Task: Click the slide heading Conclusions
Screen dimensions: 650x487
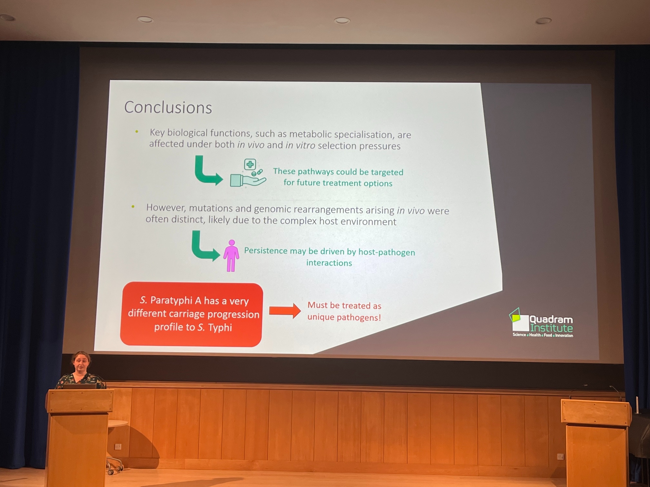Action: pos(168,107)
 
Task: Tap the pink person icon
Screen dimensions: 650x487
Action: pos(231,256)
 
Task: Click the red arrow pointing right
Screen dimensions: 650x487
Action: pos(285,311)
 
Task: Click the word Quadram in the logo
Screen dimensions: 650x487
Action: pos(551,320)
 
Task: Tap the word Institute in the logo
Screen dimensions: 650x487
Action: pos(552,328)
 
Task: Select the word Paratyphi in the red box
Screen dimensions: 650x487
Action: pos(171,300)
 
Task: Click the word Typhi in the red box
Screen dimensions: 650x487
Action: pos(220,327)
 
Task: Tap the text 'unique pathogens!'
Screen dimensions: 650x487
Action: pos(344,317)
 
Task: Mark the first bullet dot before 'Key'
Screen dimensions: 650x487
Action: pos(137,131)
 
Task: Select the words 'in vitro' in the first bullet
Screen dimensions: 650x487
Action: pos(300,145)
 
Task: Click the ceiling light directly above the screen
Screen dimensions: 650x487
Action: pos(342,20)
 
